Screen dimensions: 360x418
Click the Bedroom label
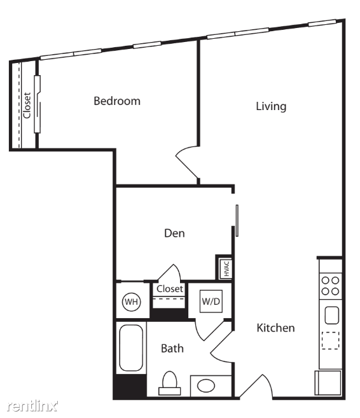(117, 101)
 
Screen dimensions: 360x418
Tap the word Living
(271, 106)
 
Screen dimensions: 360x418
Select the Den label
(174, 233)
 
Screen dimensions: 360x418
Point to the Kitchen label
(276, 328)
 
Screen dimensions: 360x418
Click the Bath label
(172, 349)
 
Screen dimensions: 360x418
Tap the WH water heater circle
(132, 302)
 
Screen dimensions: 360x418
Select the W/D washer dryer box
(211, 301)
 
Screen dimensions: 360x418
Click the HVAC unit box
(225, 268)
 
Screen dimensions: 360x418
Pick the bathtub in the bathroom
(131, 347)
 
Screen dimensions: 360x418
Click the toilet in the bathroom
(170, 384)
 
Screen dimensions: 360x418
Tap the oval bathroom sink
(206, 386)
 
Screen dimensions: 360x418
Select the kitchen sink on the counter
(332, 316)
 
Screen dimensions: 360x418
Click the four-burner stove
(330, 286)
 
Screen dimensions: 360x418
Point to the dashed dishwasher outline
(330, 340)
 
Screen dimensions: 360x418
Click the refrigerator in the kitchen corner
(328, 382)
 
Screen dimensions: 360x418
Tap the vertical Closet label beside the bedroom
(27, 106)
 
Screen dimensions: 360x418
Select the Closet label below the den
(170, 289)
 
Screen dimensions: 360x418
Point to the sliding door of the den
(237, 221)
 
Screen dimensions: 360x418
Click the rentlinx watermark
(32, 406)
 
